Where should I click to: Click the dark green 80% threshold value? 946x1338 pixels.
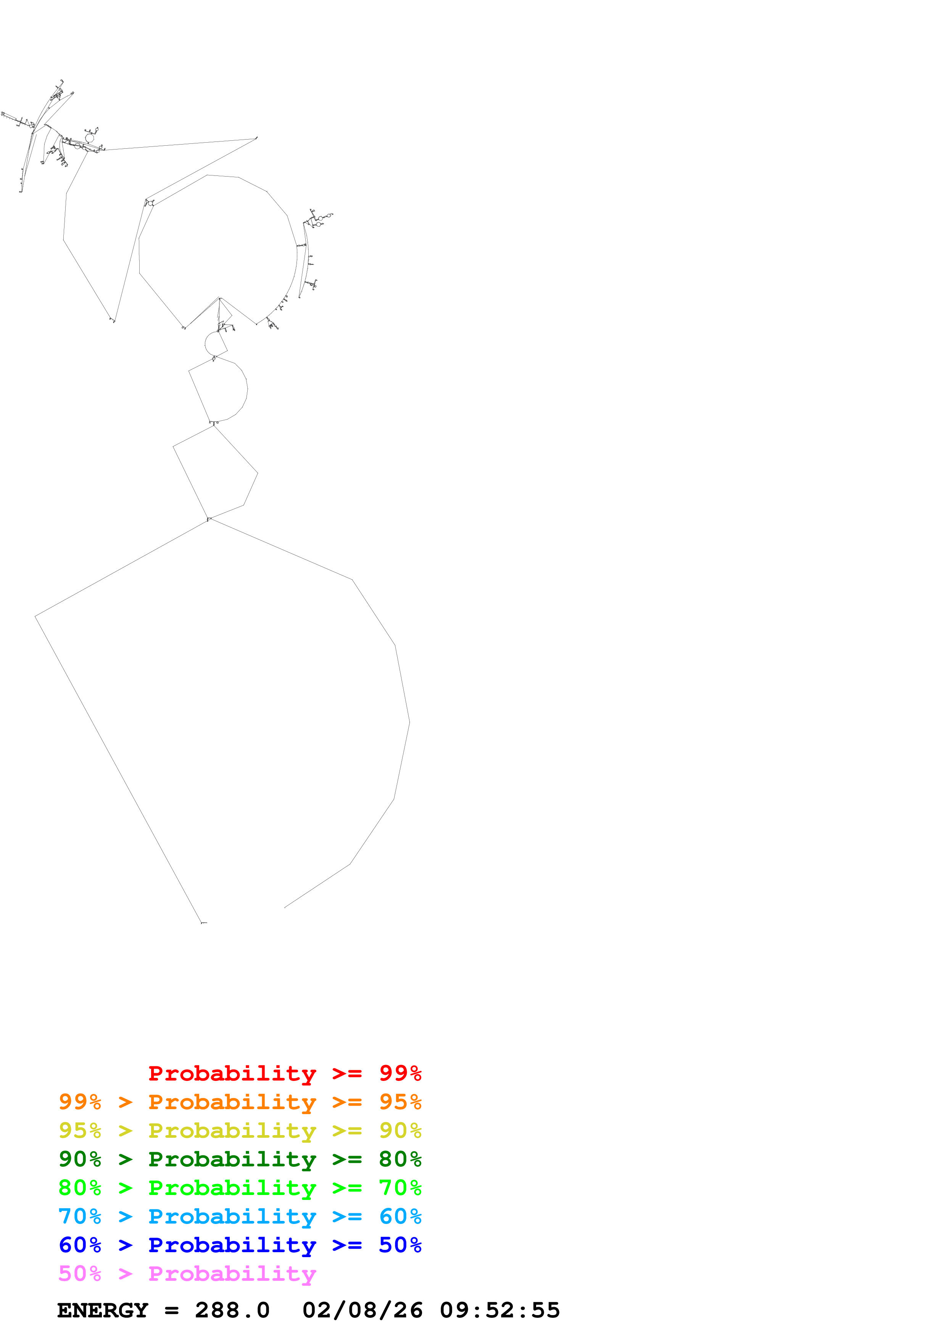(x=400, y=1159)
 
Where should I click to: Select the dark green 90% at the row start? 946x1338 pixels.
(x=80, y=1159)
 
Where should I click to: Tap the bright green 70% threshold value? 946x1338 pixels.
(x=400, y=1188)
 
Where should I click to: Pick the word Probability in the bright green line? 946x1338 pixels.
(x=232, y=1188)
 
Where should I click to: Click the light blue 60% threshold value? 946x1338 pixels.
(x=400, y=1216)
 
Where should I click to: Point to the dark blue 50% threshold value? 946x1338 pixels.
(x=400, y=1245)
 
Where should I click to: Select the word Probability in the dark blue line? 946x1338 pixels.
(x=232, y=1245)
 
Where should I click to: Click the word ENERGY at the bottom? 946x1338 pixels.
(x=103, y=1311)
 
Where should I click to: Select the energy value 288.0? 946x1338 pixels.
(x=232, y=1311)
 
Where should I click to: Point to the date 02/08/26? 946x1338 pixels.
(x=362, y=1311)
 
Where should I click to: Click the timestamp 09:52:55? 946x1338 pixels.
(x=500, y=1311)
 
